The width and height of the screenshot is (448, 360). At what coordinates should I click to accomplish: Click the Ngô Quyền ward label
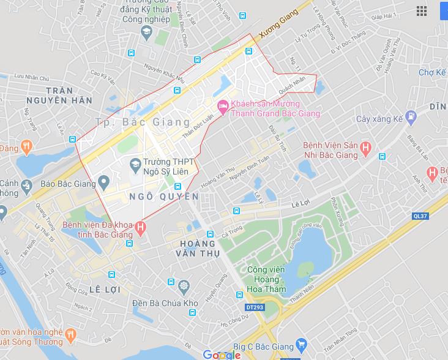164,197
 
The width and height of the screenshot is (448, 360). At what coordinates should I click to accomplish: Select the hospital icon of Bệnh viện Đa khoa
141,228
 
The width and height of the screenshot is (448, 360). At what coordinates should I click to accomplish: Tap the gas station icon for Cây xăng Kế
411,114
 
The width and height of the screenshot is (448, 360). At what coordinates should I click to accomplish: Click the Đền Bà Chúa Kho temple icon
183,285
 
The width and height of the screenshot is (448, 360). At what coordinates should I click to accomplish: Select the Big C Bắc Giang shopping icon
300,347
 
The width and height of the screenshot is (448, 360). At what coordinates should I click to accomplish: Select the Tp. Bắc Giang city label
143,121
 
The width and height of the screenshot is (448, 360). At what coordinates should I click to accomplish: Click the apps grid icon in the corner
421,11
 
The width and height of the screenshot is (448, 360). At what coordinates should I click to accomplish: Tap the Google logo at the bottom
222,354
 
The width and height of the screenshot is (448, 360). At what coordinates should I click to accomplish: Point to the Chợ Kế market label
432,72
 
